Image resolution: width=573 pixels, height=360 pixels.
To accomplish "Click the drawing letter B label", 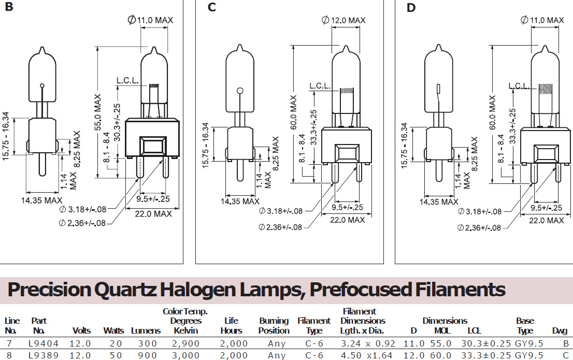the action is point(9,7).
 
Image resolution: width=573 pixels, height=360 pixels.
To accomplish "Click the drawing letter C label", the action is point(211,7).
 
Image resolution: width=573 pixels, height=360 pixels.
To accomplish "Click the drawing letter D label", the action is point(411,8).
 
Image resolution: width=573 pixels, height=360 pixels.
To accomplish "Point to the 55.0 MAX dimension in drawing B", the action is point(97,112).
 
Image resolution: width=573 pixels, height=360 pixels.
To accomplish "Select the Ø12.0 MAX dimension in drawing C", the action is point(343,21).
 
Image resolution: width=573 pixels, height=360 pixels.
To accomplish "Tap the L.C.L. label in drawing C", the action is point(320,86).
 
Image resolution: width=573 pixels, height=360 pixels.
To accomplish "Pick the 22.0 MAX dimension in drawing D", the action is point(547,220).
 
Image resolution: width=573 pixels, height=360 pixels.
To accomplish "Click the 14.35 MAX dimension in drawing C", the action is point(240,201).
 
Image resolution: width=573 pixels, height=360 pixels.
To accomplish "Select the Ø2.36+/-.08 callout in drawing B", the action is point(82,223).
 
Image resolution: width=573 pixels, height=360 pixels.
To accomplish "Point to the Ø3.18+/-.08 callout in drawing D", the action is point(480,212).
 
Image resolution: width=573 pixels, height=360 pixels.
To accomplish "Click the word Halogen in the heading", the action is point(198,290).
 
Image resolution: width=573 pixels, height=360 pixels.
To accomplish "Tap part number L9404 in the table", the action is point(44,343).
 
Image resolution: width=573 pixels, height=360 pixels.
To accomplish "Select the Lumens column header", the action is point(146,331).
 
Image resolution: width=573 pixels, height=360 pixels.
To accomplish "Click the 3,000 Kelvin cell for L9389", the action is point(185,355).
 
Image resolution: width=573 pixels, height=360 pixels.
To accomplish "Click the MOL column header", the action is point(442,331).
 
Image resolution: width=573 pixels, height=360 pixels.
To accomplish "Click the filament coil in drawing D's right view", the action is point(546,89).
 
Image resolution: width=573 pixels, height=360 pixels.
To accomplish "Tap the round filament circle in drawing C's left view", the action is point(240,91).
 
